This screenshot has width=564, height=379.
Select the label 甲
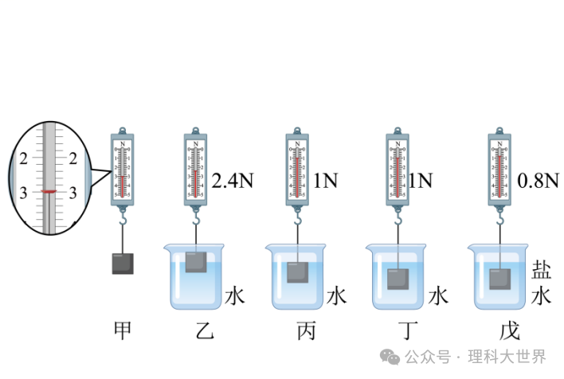pos(123,329)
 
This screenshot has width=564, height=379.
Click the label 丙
pos(296,329)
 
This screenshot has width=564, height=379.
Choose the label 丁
pos(398,329)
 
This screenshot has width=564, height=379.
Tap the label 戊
pos(499,329)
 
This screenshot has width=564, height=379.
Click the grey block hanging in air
pos(123,264)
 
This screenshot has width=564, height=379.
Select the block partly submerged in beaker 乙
pos(197,261)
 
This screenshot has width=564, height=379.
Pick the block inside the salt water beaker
pos(499,279)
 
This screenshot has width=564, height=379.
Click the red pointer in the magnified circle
pos(49,191)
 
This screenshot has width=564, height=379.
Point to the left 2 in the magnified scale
pos(23,158)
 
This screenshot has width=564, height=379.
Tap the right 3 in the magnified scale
pos(74,192)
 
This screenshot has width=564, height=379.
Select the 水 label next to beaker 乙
pos(234,296)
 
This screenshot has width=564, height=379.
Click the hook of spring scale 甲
pos(123,217)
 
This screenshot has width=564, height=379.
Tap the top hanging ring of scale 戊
pos(499,130)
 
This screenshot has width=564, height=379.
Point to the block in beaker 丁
pos(398,279)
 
